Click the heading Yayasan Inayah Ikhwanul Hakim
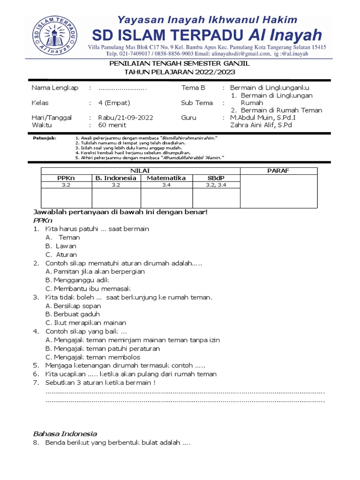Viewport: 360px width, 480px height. point(207,20)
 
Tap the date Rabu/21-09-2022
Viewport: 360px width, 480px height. point(125,118)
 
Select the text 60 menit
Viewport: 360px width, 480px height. point(112,125)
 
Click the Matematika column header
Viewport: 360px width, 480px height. point(166,178)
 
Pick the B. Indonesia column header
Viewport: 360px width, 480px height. point(116,178)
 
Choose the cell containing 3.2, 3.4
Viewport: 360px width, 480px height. point(216,186)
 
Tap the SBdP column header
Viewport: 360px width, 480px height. point(216,178)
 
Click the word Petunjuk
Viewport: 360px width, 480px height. point(45,139)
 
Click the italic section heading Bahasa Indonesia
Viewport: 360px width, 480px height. point(65,434)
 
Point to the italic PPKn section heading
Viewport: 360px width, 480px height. point(43,220)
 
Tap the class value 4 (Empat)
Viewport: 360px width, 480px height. point(114,103)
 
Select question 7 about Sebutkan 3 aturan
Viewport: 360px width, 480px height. point(94,382)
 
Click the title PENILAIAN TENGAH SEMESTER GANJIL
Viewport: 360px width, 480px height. point(180,63)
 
